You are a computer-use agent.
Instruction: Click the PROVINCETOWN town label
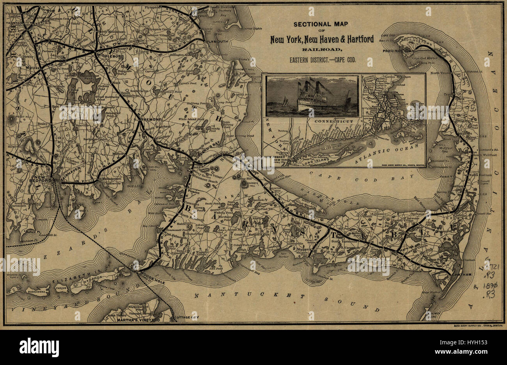coord(397,51)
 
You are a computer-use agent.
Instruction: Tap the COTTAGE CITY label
coord(186,318)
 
